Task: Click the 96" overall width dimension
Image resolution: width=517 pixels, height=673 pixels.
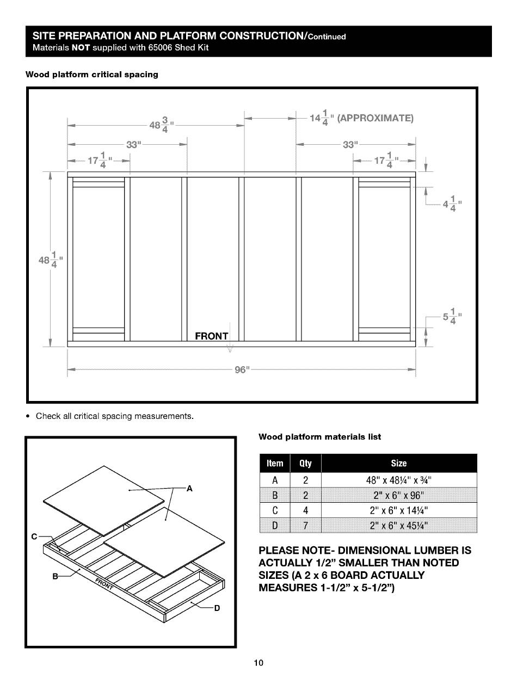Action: click(x=241, y=370)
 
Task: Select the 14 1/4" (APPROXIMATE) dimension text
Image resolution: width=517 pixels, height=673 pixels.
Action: click(x=362, y=118)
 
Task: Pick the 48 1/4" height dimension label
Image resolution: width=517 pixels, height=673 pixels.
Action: click(x=50, y=259)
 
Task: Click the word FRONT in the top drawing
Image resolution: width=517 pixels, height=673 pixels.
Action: click(x=212, y=336)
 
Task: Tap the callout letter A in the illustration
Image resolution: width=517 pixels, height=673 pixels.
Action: click(x=189, y=489)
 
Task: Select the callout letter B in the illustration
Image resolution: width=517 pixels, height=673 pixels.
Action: click(x=54, y=577)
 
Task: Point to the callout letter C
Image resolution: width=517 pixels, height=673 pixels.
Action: click(x=34, y=537)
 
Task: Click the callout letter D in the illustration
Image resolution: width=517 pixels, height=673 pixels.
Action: click(x=217, y=608)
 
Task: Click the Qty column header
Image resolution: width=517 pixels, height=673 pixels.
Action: click(x=305, y=463)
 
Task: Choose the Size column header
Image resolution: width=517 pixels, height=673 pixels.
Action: click(x=398, y=463)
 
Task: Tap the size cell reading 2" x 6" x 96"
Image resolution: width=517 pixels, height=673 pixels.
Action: click(x=399, y=495)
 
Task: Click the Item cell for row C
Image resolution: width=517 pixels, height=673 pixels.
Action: click(x=275, y=510)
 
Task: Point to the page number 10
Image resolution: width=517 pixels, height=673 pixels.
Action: click(x=258, y=663)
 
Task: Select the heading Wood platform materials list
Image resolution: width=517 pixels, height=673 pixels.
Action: click(x=319, y=436)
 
